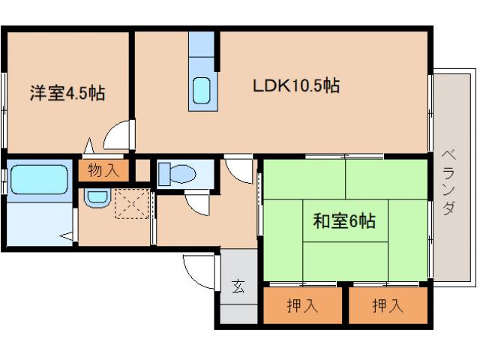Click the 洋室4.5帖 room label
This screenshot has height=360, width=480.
pyautogui.click(x=67, y=94)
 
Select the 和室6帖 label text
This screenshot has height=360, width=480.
pyautogui.click(x=343, y=221)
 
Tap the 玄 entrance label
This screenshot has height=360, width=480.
pyautogui.click(x=238, y=286)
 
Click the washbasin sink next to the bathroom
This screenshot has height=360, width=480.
pyautogui.click(x=96, y=198)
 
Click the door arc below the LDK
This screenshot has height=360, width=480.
pyautogui.click(x=239, y=172)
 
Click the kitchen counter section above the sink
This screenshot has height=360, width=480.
pyautogui.click(x=201, y=51)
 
